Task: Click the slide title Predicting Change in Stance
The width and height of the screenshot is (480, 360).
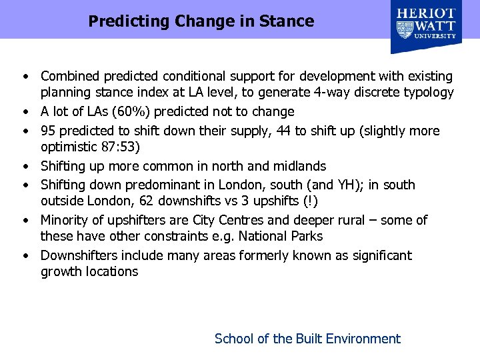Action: point(201,21)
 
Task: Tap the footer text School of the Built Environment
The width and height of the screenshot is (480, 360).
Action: point(307,339)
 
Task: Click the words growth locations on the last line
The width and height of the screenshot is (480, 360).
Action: point(89,271)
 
